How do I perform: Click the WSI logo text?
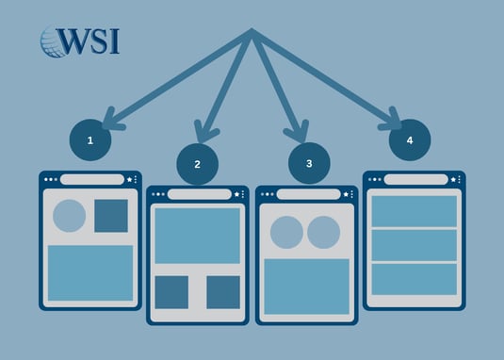point(92,41)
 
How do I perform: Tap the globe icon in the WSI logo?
point(53,41)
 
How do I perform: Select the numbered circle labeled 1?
point(90,139)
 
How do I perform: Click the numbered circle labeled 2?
point(197,163)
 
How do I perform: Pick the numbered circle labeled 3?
point(309,163)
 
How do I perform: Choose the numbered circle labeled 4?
point(409,139)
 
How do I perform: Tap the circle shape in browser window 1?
point(69,216)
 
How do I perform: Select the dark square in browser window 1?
point(111,216)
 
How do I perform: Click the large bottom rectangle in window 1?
point(90,272)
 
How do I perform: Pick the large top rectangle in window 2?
point(197,236)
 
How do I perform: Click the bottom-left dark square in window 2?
point(171,292)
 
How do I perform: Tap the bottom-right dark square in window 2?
point(223,292)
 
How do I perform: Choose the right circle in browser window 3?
point(323,232)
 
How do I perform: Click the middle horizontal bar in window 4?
point(415,244)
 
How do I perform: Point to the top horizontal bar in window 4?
point(415,210)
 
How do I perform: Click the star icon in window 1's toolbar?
point(128,179)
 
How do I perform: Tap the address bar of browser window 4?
point(415,179)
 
